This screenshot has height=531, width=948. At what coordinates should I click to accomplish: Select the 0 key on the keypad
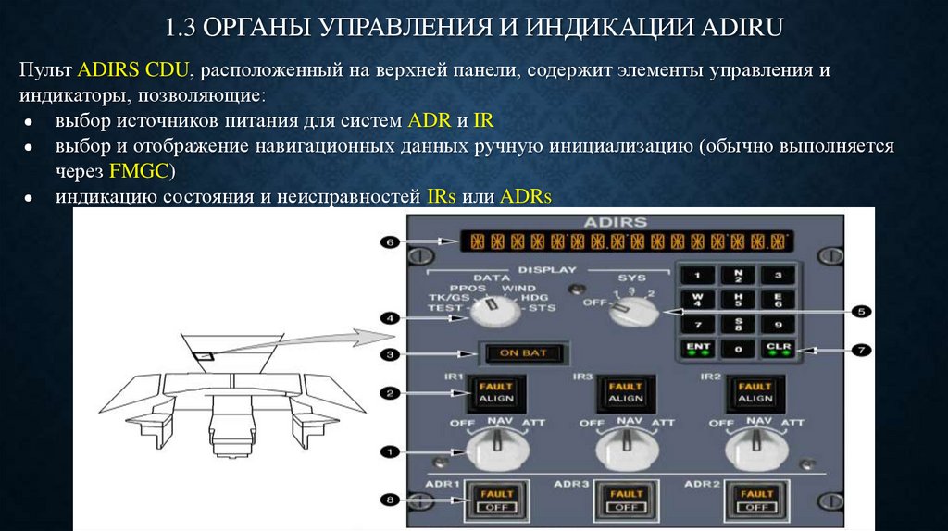coord(737,349)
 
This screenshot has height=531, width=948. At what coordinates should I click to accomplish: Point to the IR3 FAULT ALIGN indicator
coord(626,392)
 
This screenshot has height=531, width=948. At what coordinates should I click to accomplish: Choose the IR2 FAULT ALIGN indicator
coord(756,392)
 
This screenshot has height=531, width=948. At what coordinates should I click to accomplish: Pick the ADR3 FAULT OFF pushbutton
coord(626,500)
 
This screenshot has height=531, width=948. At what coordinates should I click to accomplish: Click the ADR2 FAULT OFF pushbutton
coord(756,500)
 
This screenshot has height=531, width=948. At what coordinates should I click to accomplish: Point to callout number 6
coord(390,242)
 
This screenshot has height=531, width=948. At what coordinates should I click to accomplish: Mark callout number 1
coord(390,451)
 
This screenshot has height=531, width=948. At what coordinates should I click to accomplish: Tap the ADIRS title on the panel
coord(617,222)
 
